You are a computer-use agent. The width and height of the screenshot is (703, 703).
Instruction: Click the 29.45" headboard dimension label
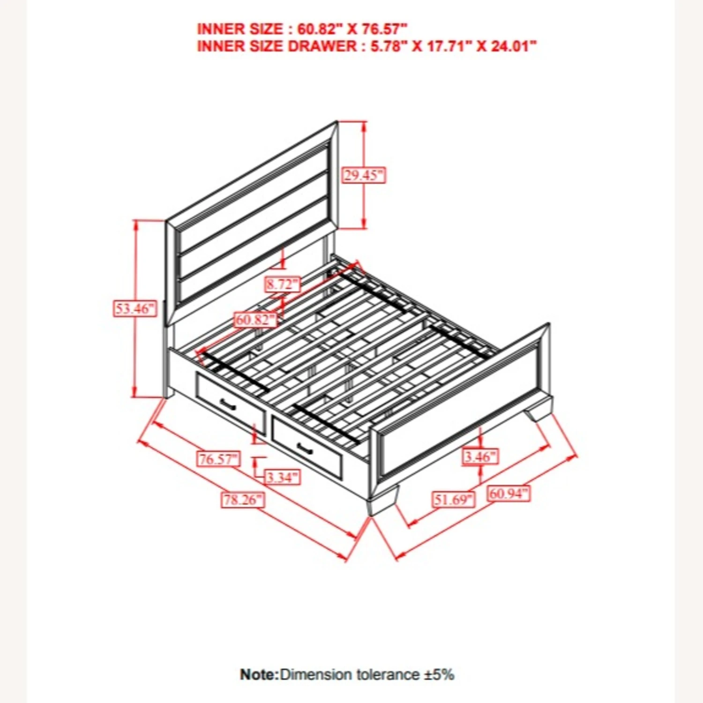point(364,175)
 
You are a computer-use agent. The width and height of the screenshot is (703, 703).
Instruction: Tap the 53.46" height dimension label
point(135,308)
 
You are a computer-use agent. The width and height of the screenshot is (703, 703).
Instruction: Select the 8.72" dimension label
point(283,284)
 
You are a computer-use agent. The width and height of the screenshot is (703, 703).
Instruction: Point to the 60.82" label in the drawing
point(256,320)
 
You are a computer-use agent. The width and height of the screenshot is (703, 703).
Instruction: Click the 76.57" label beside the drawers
point(218,458)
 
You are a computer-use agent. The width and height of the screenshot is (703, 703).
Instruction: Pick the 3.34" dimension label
point(282,477)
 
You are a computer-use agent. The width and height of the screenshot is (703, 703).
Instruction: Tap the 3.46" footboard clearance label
point(480,456)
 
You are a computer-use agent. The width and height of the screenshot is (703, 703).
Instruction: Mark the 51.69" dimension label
point(453,499)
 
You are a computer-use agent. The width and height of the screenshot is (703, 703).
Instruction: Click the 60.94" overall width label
point(509,493)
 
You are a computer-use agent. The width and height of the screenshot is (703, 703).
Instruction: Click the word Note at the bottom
point(259,674)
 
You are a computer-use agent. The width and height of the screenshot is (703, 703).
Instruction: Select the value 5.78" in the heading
point(386,46)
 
